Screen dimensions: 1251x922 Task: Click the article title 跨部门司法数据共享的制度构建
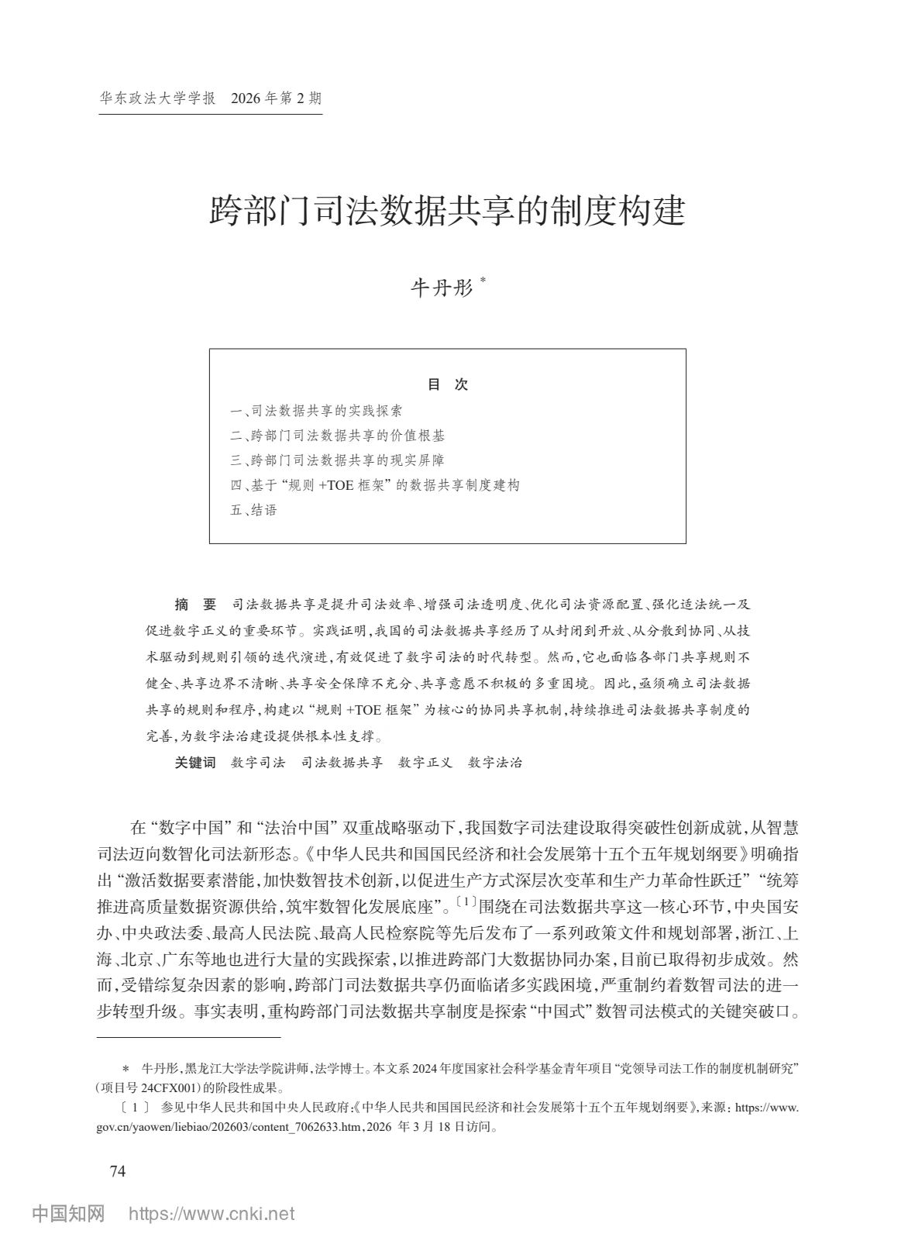[x=447, y=211]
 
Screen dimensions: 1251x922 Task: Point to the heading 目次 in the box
[x=448, y=384]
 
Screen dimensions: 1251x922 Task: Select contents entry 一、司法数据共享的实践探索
[x=316, y=411]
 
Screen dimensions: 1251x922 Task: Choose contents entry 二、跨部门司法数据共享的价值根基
[x=338, y=436]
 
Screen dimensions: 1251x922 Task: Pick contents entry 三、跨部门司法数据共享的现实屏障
[x=338, y=460]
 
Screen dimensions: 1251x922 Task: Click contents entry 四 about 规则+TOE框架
[x=375, y=485]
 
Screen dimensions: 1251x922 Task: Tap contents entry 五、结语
[x=253, y=510]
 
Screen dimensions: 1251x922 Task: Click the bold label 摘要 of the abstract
[x=195, y=605]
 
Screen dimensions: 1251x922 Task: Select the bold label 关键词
[x=195, y=763]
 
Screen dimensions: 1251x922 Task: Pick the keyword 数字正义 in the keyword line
[x=425, y=763]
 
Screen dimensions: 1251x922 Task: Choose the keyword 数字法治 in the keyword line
[x=496, y=763]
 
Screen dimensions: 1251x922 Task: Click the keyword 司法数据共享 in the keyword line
[x=342, y=763]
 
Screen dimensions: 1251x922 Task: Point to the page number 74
[x=118, y=1171]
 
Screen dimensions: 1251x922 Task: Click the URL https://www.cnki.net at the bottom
[x=211, y=1214]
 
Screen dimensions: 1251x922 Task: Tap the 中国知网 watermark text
[x=68, y=1214]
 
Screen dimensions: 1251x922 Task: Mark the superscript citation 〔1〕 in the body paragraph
[x=467, y=901]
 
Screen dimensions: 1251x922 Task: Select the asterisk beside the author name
[x=483, y=281]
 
